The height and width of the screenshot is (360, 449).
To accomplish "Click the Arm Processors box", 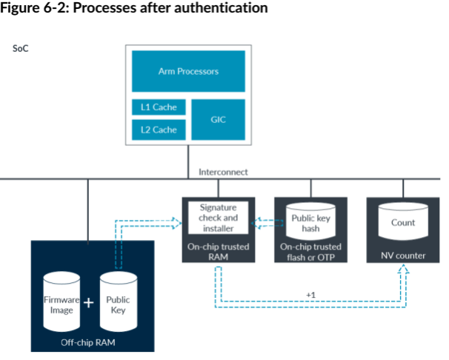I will [x=188, y=72].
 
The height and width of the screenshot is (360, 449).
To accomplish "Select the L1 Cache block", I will [x=159, y=107].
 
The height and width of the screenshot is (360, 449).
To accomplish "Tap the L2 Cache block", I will [x=159, y=130].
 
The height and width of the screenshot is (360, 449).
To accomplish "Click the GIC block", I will [x=218, y=119].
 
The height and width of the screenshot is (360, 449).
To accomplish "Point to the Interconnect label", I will [x=223, y=172].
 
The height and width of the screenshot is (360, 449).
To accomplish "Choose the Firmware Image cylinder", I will [x=61, y=304].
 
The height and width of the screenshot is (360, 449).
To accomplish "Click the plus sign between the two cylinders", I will [x=89, y=303].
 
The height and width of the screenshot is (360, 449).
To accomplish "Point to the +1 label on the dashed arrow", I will [x=311, y=295].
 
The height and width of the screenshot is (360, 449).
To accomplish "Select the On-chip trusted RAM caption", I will [x=218, y=252].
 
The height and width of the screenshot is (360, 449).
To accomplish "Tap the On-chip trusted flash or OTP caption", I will [x=310, y=252].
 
